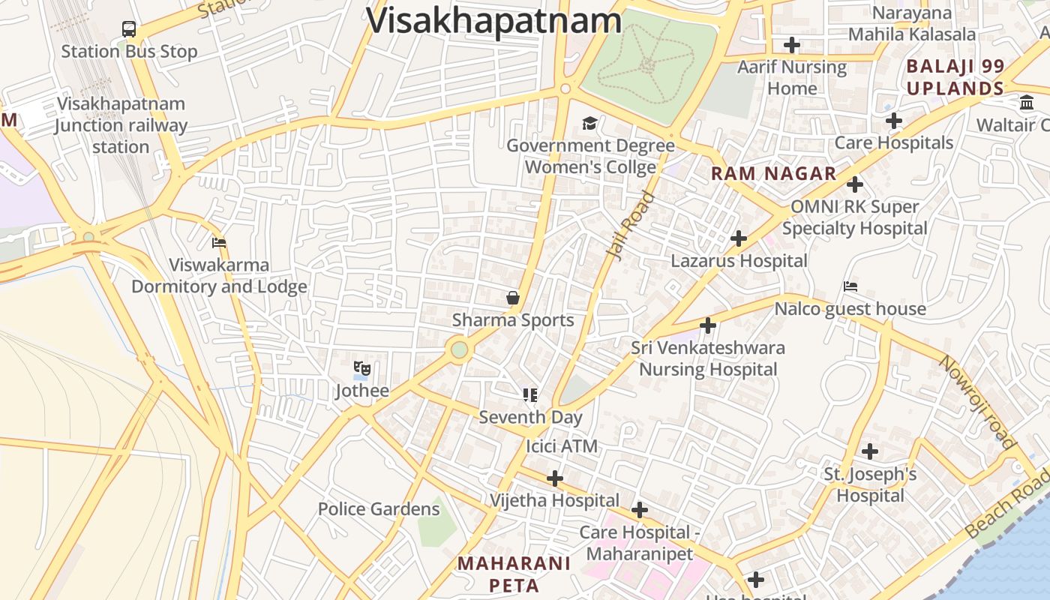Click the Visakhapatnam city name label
tap(494, 19)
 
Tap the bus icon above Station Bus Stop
tap(129, 29)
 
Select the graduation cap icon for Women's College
tap(590, 123)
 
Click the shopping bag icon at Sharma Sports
tap(513, 298)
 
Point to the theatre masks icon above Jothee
tap(362, 368)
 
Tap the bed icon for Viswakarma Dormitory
tap(219, 243)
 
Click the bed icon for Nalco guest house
tap(850, 286)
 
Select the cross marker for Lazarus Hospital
tap(739, 238)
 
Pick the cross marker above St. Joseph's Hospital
tap(870, 451)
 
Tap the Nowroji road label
tap(977, 402)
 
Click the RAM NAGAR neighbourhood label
tap(773, 174)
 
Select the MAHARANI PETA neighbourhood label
tap(514, 574)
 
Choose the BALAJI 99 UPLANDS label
tap(955, 77)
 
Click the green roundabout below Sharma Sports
tap(460, 349)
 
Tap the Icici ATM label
tap(562, 446)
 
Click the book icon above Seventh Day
tap(530, 394)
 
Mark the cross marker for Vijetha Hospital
tap(555, 478)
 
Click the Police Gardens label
tap(379, 509)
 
